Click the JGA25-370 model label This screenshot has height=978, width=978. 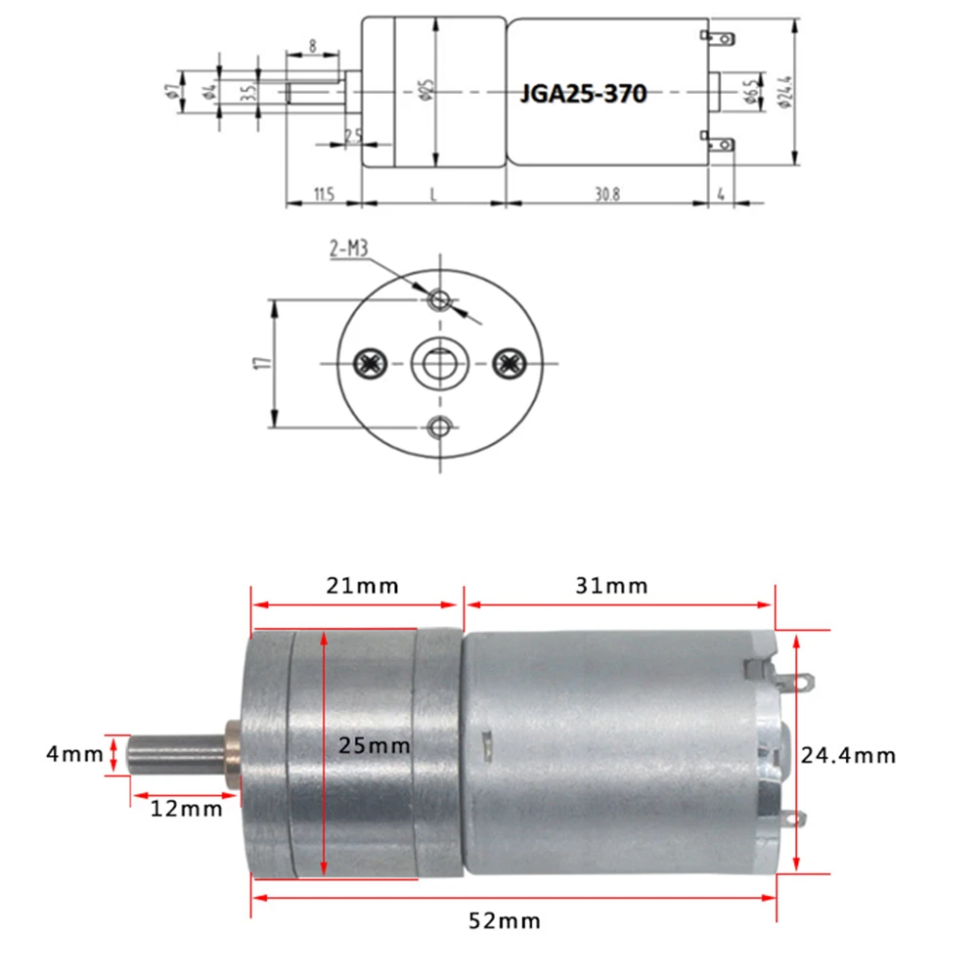tap(583, 94)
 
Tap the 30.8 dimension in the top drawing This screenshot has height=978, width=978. tap(605, 194)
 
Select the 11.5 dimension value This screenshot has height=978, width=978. tap(324, 194)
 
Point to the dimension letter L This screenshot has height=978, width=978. tap(433, 194)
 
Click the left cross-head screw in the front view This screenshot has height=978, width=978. tap(369, 363)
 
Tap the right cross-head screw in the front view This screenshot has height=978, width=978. tap(507, 363)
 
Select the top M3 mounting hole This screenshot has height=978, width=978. tap(440, 298)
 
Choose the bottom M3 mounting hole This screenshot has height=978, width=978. tap(440, 425)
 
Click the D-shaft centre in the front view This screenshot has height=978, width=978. tap(438, 363)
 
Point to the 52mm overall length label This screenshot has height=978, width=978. tap(504, 920)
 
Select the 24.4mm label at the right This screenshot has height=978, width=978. tap(848, 755)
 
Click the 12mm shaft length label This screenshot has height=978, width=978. tap(186, 809)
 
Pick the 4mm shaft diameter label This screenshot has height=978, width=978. tap(73, 755)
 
